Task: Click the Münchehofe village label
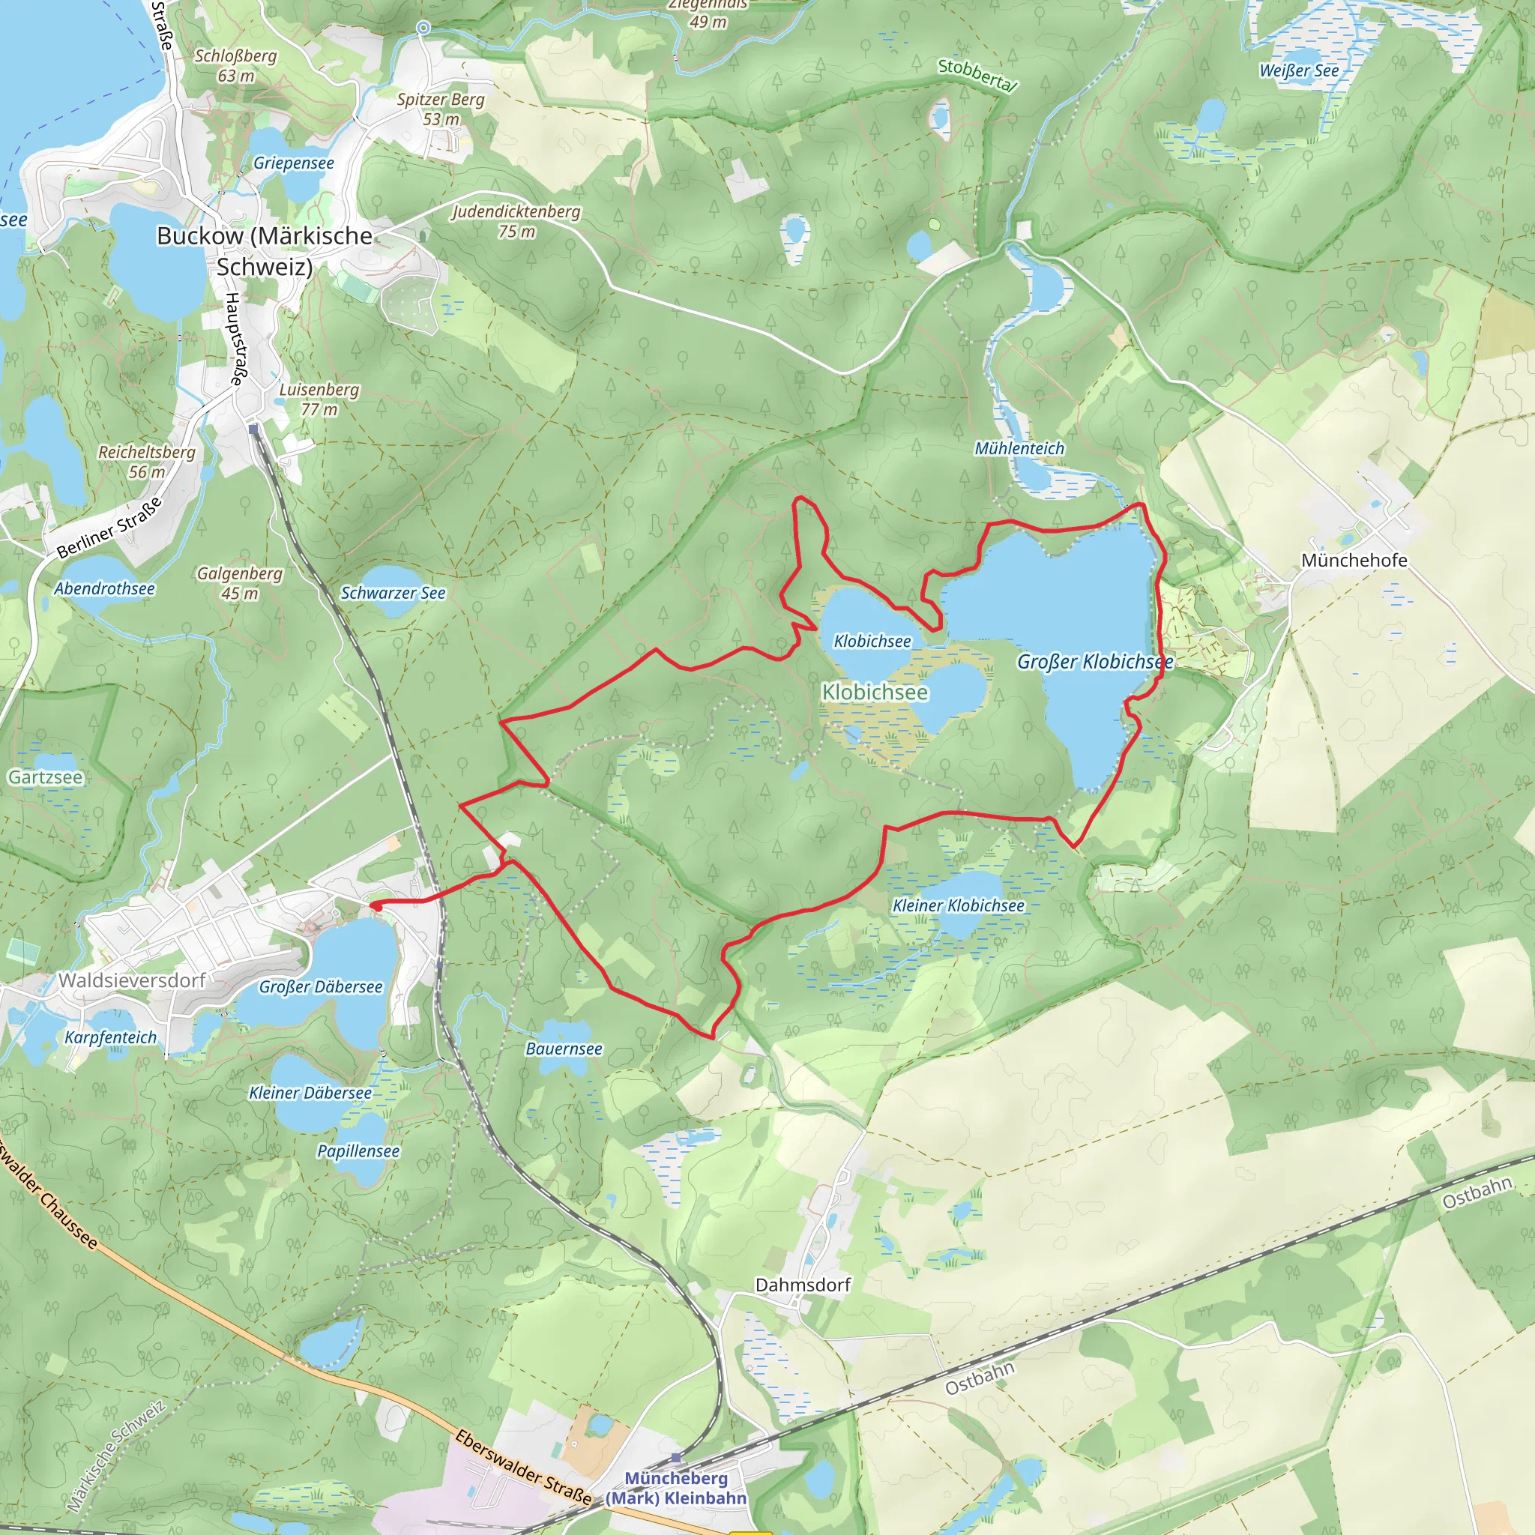tap(1354, 560)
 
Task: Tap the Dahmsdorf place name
tap(803, 1285)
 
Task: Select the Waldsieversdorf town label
tap(132, 980)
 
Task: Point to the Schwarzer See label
tap(393, 593)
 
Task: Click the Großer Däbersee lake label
tap(320, 987)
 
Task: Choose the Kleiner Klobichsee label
tap(958, 905)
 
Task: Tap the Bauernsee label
tap(564, 1049)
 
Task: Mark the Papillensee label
tap(358, 1151)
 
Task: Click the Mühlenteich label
tap(1019, 448)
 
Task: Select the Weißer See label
tap(1299, 70)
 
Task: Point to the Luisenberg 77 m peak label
tap(319, 399)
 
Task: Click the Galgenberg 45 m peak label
tap(239, 582)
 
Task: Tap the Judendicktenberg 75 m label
tap(516, 221)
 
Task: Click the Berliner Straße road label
tap(110, 528)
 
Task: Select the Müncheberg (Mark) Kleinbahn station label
tap(676, 1488)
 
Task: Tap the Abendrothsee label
tap(104, 588)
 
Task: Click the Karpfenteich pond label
tap(110, 1037)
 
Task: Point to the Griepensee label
tap(293, 163)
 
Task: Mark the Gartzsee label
tap(45, 777)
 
